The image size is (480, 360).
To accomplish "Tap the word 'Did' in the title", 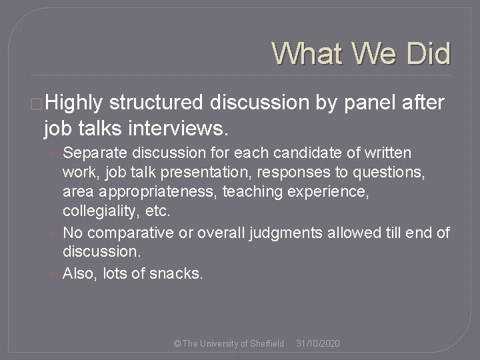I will tap(425, 53).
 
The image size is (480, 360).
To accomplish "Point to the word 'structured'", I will tap(156, 103).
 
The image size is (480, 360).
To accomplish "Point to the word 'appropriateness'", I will tap(153, 193).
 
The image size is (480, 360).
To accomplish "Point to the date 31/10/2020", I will tap(318, 343).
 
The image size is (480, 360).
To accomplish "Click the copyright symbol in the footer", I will tap(177, 343).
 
